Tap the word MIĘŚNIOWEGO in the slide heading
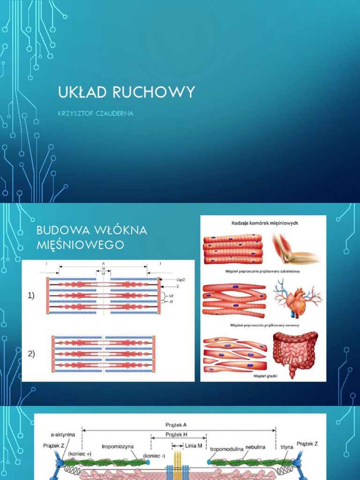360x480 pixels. [80, 244]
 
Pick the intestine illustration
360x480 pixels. [295, 353]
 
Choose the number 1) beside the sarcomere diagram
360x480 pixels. [31, 295]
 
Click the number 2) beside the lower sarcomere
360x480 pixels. [31, 354]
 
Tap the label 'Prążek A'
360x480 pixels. [176, 425]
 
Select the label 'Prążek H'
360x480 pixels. [176, 435]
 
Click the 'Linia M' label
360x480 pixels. [194, 445]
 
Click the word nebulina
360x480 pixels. [255, 447]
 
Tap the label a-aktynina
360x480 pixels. [63, 435]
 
